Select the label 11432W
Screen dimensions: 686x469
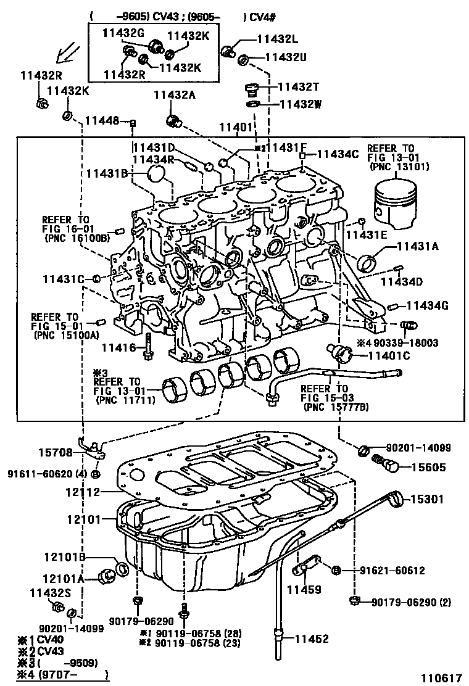[301, 104]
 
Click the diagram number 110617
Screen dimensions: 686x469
[441, 677]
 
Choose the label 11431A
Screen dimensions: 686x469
[417, 246]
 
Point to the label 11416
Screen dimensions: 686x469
[118, 348]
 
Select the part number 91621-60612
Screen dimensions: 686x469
[392, 571]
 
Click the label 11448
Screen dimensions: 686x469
[102, 120]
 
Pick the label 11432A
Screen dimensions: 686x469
[175, 94]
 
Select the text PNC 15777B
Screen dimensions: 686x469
[335, 408]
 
